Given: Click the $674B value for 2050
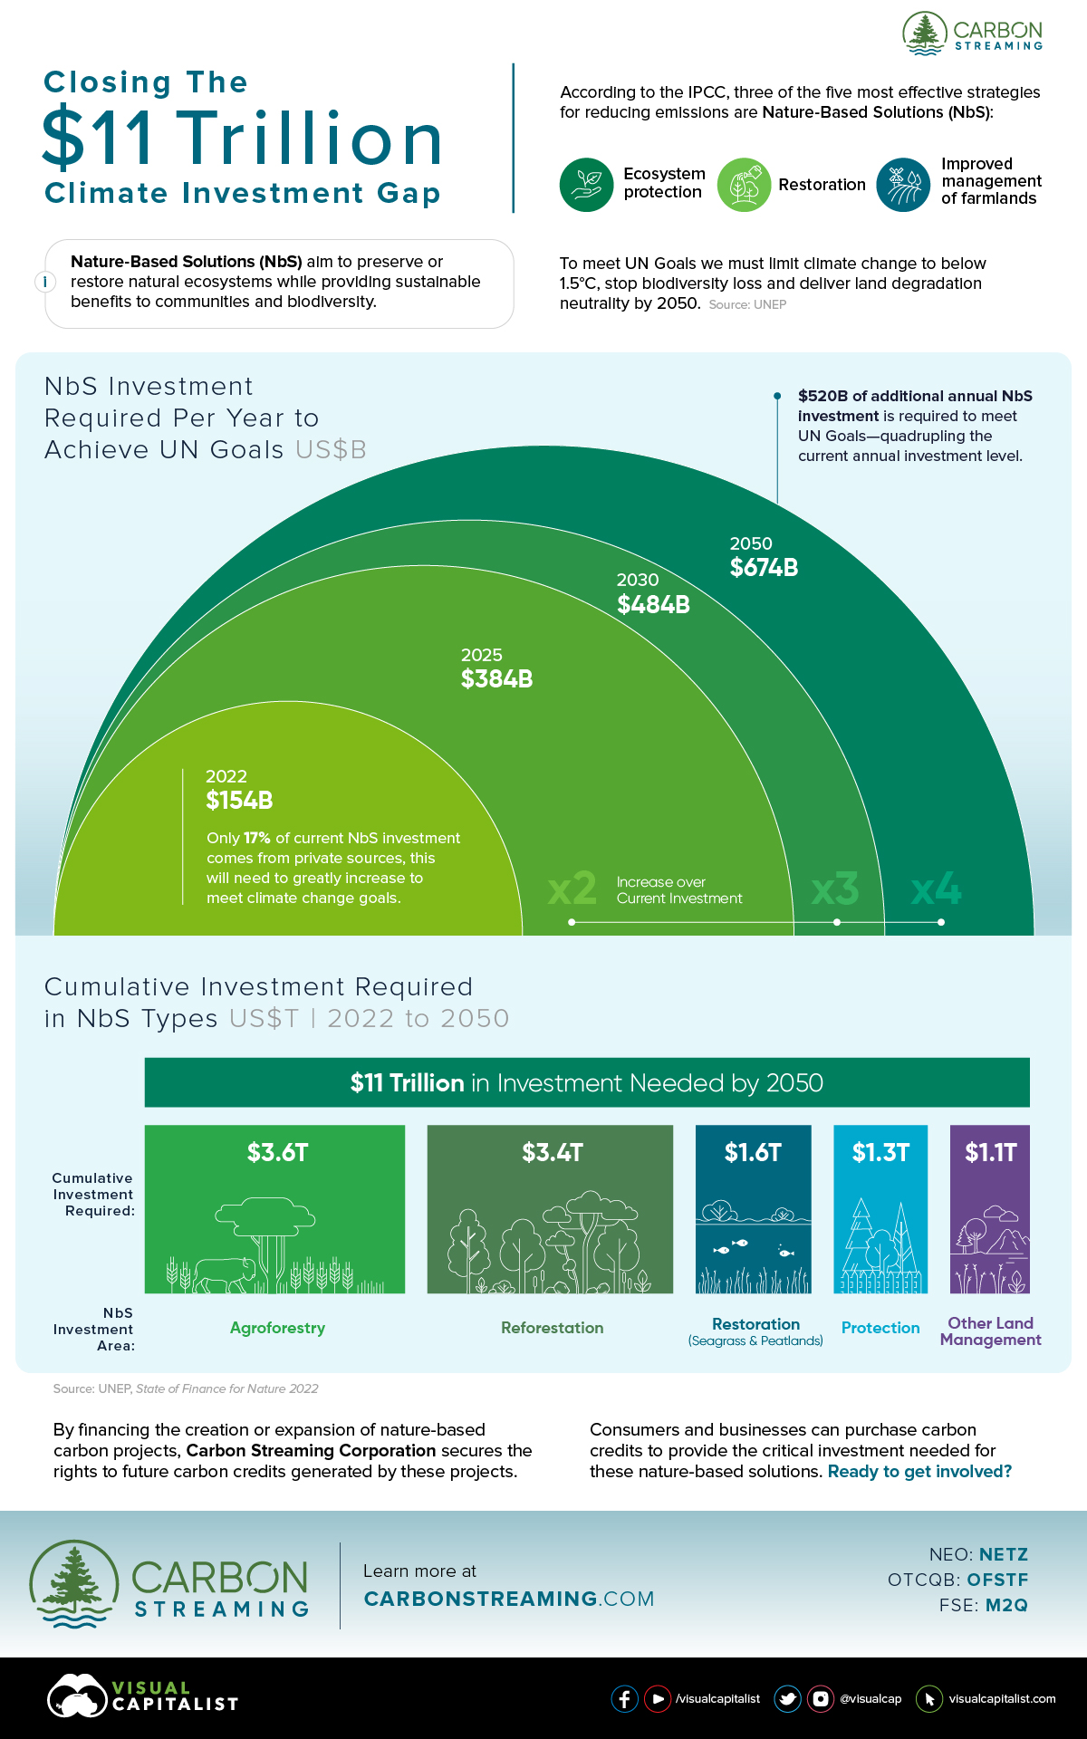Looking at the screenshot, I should pos(764,568).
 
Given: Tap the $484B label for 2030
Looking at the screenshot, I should pos(653,605).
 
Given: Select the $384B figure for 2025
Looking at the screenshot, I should pos(496,679).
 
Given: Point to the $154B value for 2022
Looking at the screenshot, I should pos(239,801).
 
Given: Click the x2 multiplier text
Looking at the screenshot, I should pos(572,889).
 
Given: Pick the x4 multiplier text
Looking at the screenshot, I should pos(936,889).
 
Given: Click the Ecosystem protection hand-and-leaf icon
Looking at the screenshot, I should pos(586,185).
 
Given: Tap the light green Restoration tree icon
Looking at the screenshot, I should pos(744,185).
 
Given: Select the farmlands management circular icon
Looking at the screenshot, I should pos(903,185).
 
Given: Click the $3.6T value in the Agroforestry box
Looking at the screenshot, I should pos(278,1152).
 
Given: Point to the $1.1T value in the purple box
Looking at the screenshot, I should pos(990,1152).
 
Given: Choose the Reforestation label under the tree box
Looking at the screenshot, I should pos(552,1328).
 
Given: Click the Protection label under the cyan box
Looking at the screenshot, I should pos(880,1328).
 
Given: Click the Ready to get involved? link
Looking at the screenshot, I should pos(919,1472).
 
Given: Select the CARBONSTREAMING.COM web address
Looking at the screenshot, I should pos(508,1599).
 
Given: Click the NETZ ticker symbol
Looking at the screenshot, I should pos(1003,1555).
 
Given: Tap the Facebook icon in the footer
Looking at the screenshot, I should pos(624,1698).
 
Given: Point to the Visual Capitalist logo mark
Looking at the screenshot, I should pos(77,1696).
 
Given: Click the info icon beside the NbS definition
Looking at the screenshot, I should pos(45,282).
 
